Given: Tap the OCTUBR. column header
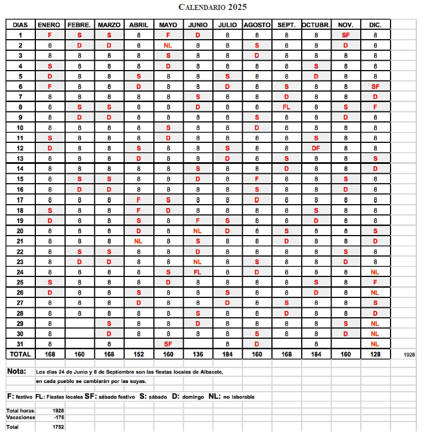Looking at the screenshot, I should tap(316, 25).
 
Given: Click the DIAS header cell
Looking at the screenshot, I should tap(20, 25).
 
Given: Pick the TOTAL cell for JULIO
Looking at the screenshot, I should tap(227, 354).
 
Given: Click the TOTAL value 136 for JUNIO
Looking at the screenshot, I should tap(197, 354).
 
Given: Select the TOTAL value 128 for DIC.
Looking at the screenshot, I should tap(376, 354).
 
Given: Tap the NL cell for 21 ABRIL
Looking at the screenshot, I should tap(138, 241).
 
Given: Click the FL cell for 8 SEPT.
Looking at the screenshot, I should tap(286, 107).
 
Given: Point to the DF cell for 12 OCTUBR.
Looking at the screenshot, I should tap(316, 148).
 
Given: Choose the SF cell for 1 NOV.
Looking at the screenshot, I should tap(346, 35).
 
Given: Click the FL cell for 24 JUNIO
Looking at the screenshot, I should tap(197, 272).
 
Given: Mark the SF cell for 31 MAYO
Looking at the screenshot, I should tap(168, 344).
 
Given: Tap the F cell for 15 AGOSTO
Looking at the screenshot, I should tap(257, 179).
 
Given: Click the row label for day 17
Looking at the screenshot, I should tap(20, 200).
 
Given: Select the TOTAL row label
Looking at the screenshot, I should tap(20, 354).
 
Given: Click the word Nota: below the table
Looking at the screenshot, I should tap(17, 371).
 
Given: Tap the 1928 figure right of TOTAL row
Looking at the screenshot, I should tap(409, 355).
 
